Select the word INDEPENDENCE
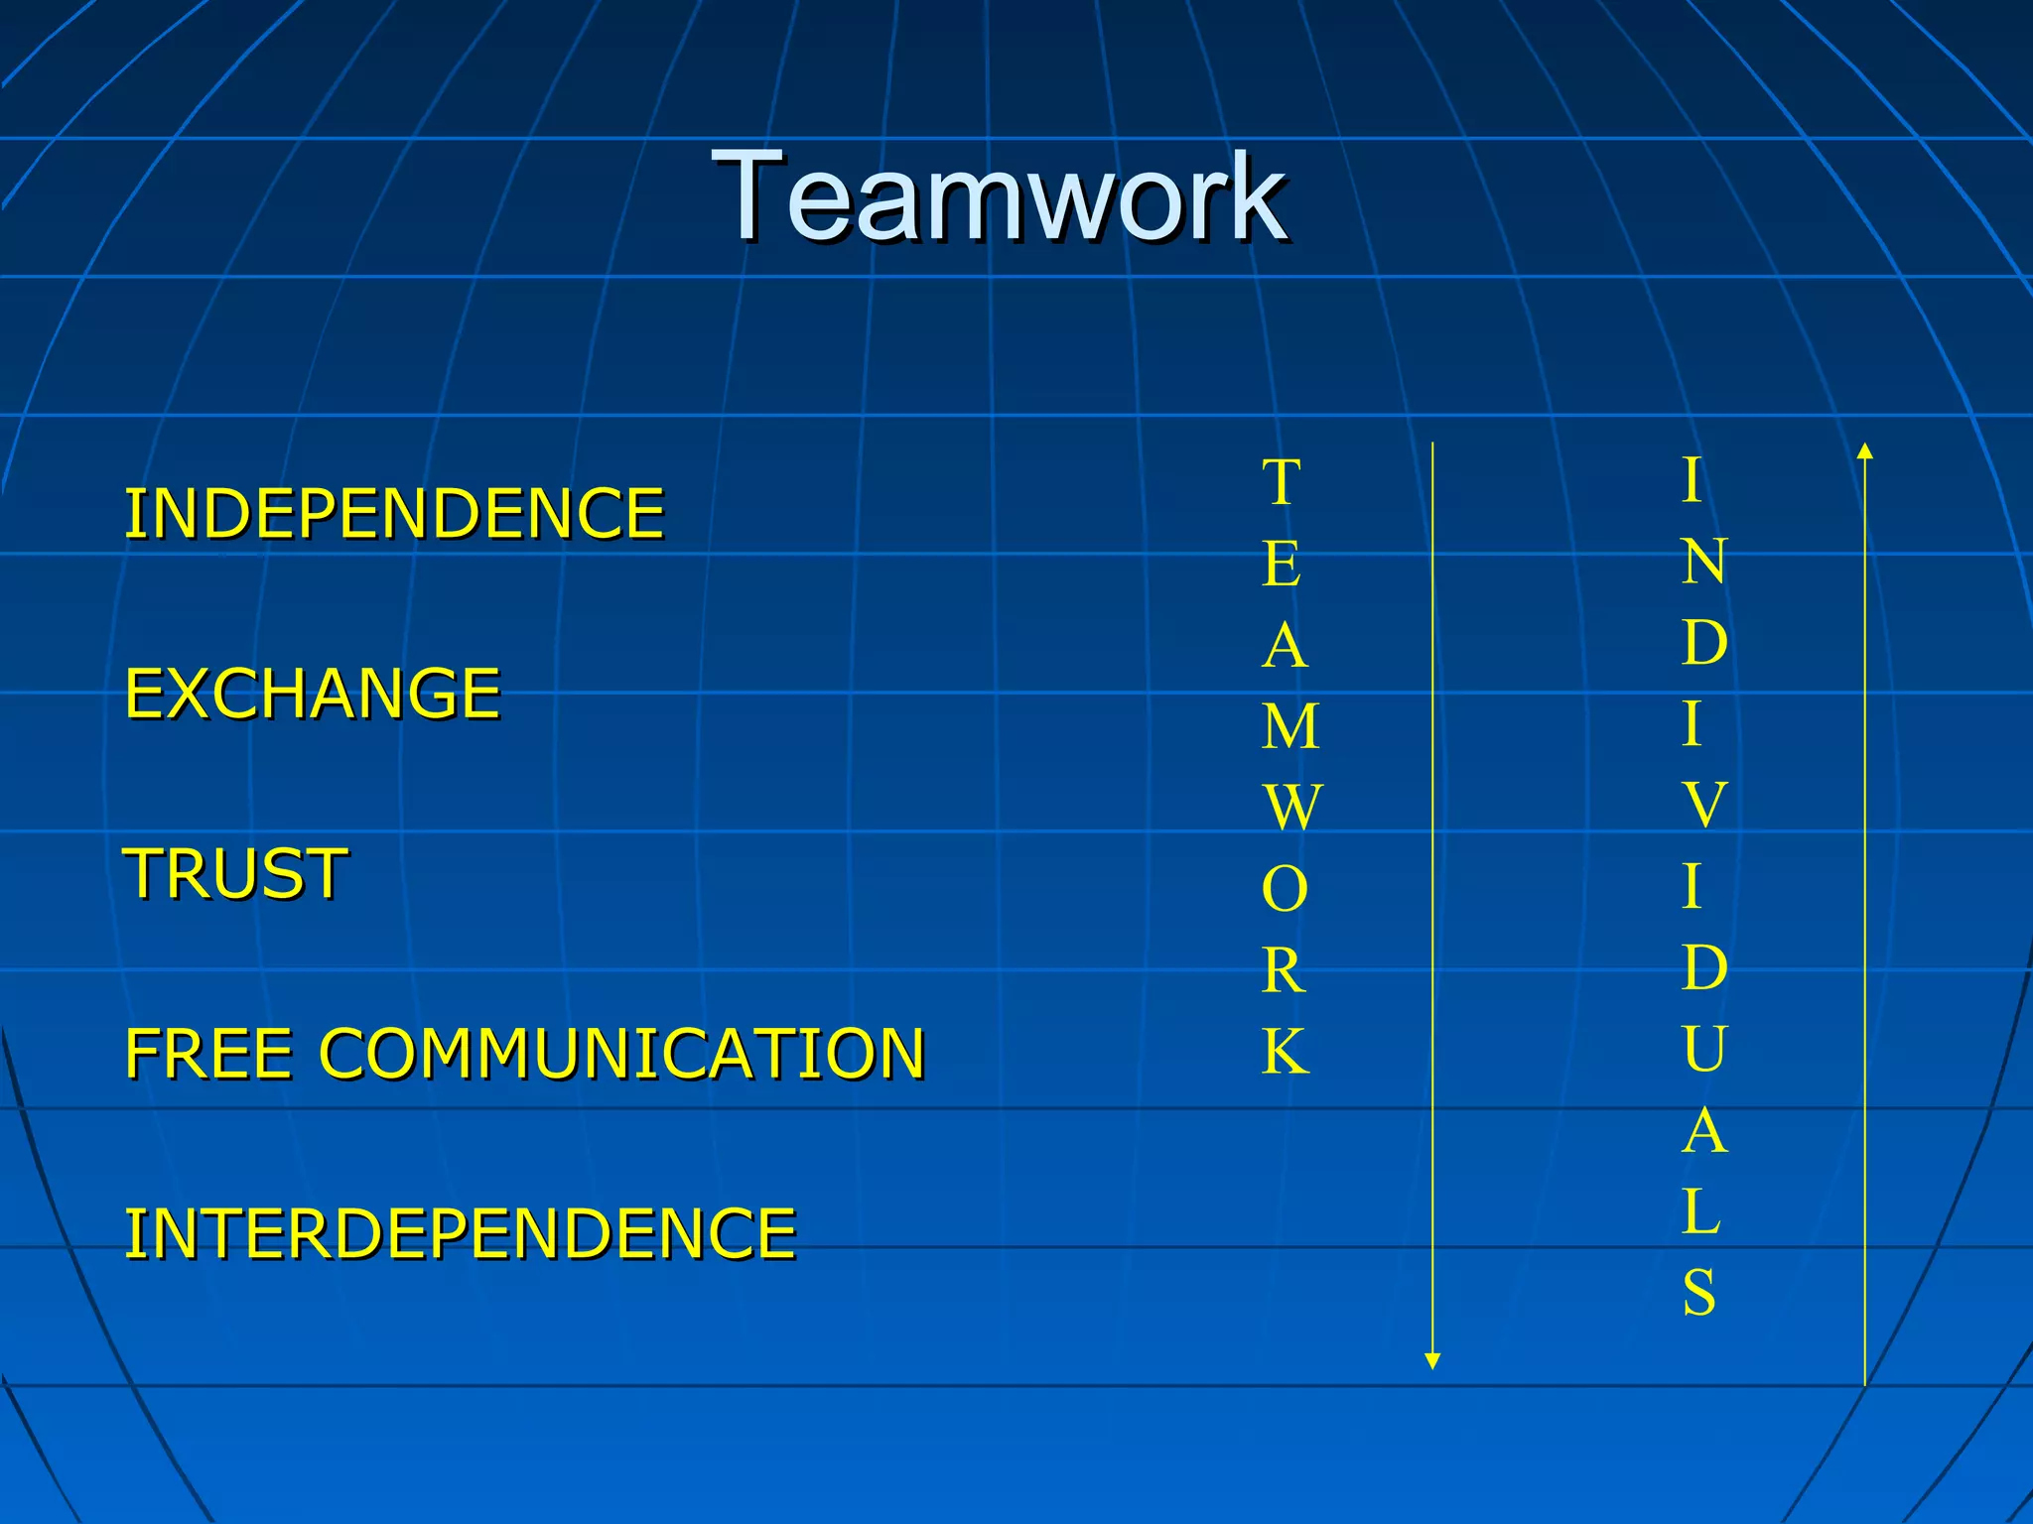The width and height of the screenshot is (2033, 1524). [394, 514]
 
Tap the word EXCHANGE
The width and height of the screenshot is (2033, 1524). [313, 694]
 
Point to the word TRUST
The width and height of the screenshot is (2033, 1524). [235, 874]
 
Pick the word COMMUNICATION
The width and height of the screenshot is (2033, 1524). [622, 1054]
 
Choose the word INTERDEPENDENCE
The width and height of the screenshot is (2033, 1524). [461, 1234]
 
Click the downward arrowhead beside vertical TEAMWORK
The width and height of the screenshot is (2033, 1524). [1432, 1360]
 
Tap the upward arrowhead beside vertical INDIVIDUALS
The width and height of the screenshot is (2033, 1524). [1865, 451]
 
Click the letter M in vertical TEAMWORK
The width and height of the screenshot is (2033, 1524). [1290, 727]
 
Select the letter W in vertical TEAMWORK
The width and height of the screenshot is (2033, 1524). [1292, 808]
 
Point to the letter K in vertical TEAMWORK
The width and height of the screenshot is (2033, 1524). [1286, 1052]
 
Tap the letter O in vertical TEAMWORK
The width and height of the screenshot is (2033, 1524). [1285, 890]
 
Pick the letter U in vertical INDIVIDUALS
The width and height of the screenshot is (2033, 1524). [1704, 1049]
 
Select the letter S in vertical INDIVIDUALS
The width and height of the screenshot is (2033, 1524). [1699, 1293]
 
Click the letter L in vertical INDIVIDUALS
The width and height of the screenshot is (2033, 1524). [1701, 1211]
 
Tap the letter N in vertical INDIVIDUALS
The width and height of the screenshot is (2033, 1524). [1704, 562]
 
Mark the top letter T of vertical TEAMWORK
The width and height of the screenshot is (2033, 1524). [1282, 483]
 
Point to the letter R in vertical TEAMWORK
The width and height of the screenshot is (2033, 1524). [1284, 971]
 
